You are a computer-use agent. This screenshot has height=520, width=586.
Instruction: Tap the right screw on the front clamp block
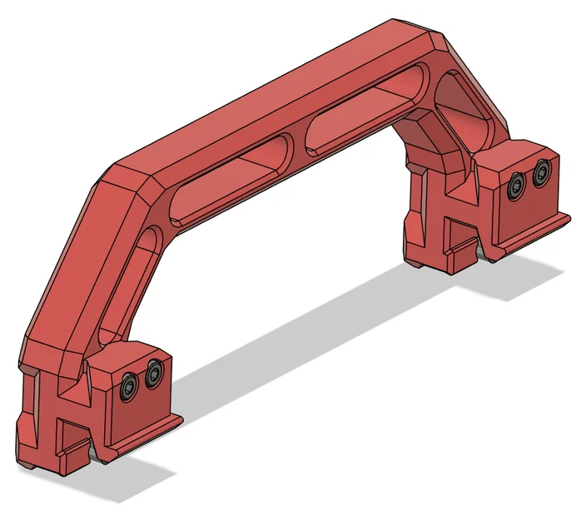tap(153, 377)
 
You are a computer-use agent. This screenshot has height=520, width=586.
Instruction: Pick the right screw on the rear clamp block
tap(543, 173)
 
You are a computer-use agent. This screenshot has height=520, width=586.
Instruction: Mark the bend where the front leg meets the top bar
tap(125, 179)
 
